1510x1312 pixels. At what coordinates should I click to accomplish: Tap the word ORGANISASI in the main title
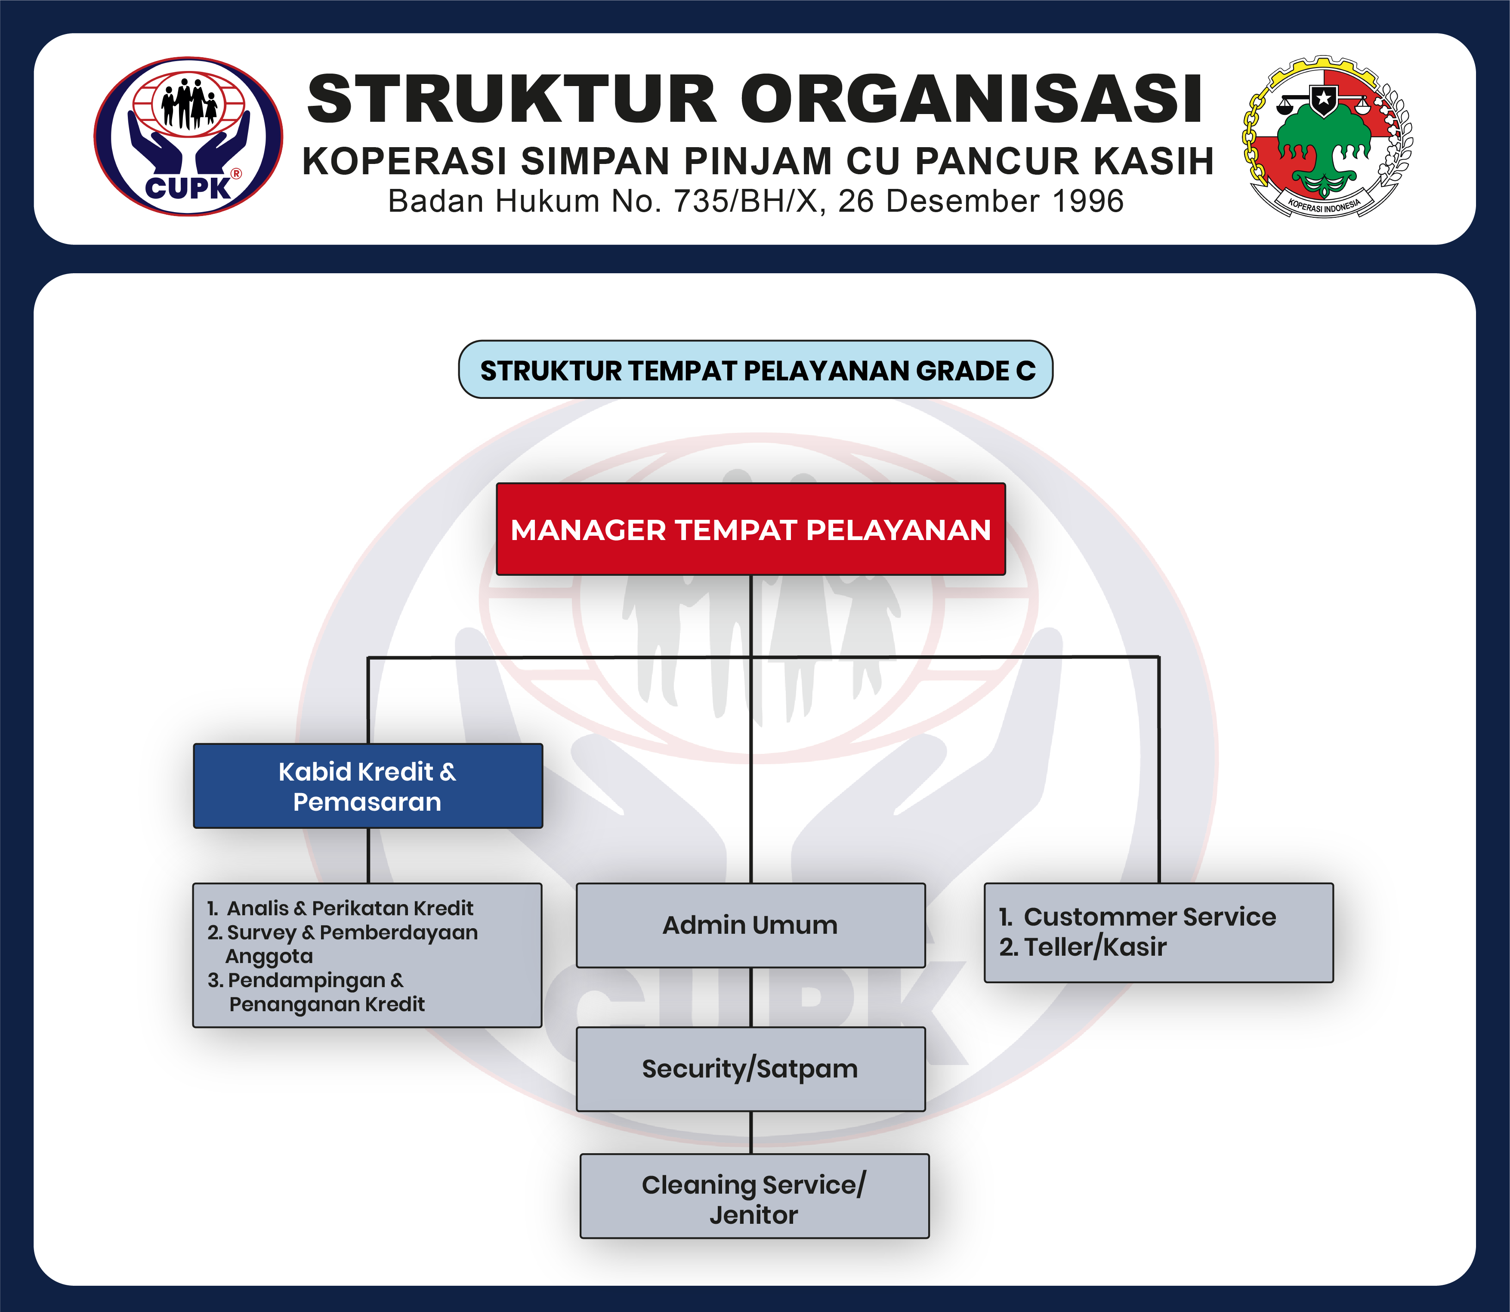(x=971, y=99)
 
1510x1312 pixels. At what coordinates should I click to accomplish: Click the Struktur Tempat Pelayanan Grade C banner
(x=756, y=370)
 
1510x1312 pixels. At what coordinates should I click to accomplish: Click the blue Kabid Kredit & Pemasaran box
(x=367, y=786)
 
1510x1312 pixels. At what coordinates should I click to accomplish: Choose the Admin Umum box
(x=750, y=926)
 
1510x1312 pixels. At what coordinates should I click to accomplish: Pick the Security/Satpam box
(x=750, y=1069)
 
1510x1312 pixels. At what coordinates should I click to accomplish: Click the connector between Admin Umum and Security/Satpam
(x=751, y=997)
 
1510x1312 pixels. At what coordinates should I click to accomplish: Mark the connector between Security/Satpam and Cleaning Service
(x=751, y=1133)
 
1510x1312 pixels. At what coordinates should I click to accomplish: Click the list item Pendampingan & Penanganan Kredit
(x=315, y=992)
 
